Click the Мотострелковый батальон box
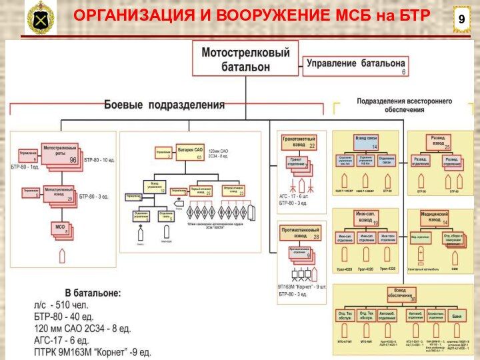click(x=245, y=59)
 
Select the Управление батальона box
click(x=355, y=65)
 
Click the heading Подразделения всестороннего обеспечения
click(x=404, y=105)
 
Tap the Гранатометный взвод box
click(x=299, y=142)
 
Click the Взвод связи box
click(x=366, y=142)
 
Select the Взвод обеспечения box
click(x=402, y=294)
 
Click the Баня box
click(x=456, y=314)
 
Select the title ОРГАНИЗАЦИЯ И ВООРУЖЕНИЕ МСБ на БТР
click(x=251, y=15)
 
